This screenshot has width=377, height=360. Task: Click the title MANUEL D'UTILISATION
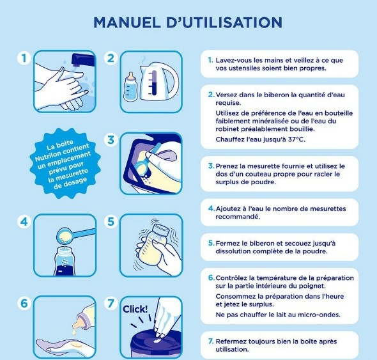(187, 22)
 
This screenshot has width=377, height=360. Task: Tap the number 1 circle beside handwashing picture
(24, 58)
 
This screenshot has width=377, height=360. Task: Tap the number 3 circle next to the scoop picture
(111, 139)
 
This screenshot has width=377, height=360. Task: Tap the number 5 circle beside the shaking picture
(111, 223)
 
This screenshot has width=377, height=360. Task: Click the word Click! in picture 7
(135, 309)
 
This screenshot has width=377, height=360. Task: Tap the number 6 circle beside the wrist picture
(24, 303)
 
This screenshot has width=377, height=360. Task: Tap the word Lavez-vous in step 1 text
(233, 59)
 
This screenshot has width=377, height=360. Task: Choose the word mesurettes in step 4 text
(325, 208)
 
